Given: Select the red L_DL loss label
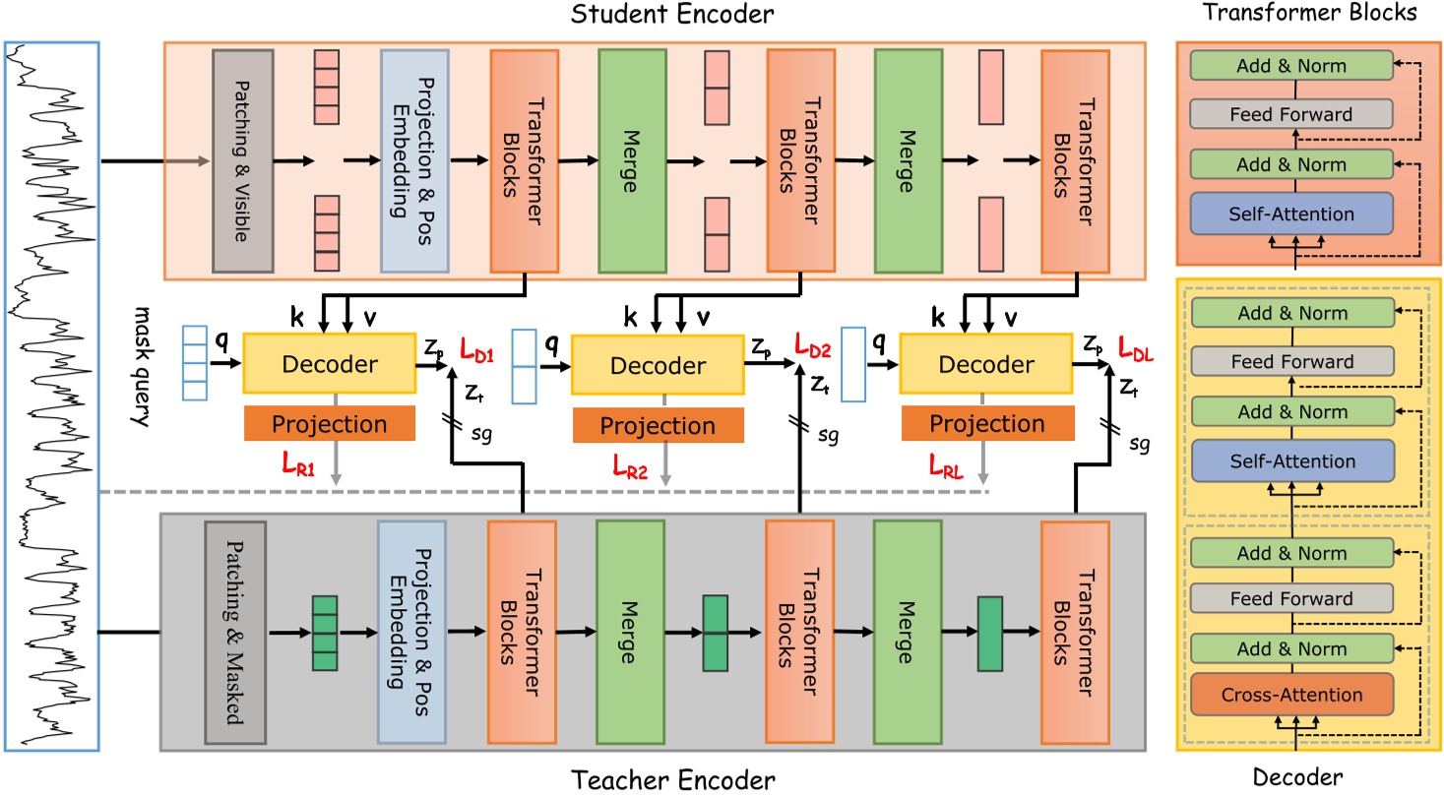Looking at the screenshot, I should tap(1140, 347).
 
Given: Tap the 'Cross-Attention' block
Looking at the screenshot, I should tap(1291, 695).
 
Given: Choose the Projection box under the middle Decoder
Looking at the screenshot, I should tap(658, 425).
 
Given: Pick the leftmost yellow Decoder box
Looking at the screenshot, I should tap(330, 364).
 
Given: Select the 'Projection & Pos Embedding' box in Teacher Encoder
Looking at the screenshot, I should tap(410, 633).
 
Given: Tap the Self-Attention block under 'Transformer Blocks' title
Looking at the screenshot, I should tap(1291, 214).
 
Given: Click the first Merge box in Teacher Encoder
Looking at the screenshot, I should tap(631, 633).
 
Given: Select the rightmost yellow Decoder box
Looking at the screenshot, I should tap(986, 364).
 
